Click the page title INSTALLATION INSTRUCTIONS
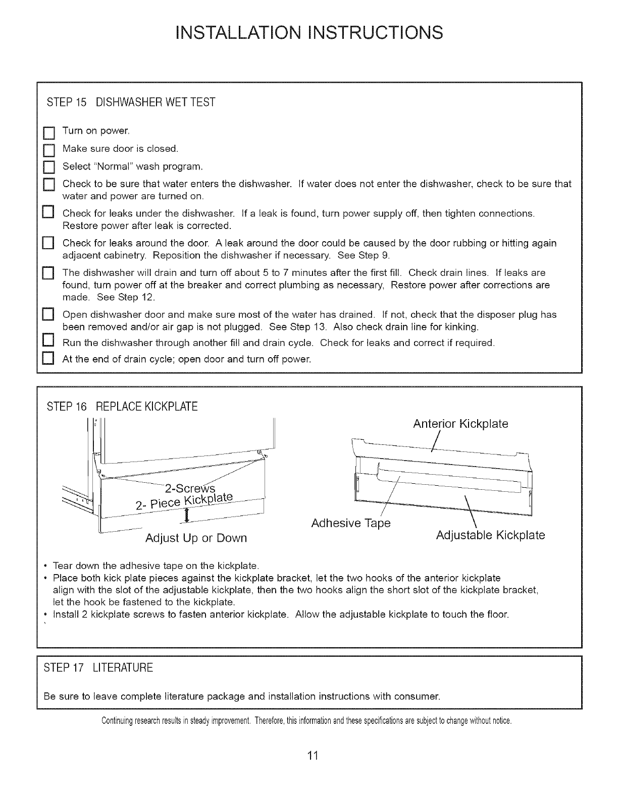pyautogui.click(x=309, y=32)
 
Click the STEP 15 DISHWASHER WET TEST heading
pyautogui.click(x=131, y=103)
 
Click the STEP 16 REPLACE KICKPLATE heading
pyautogui.click(x=122, y=407)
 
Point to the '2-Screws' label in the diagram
pyautogui.click(x=191, y=489)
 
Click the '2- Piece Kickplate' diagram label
pyautogui.click(x=185, y=501)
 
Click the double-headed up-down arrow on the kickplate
pyautogui.click(x=187, y=515)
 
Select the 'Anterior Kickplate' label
pyautogui.click(x=460, y=424)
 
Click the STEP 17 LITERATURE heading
pyautogui.click(x=98, y=668)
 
